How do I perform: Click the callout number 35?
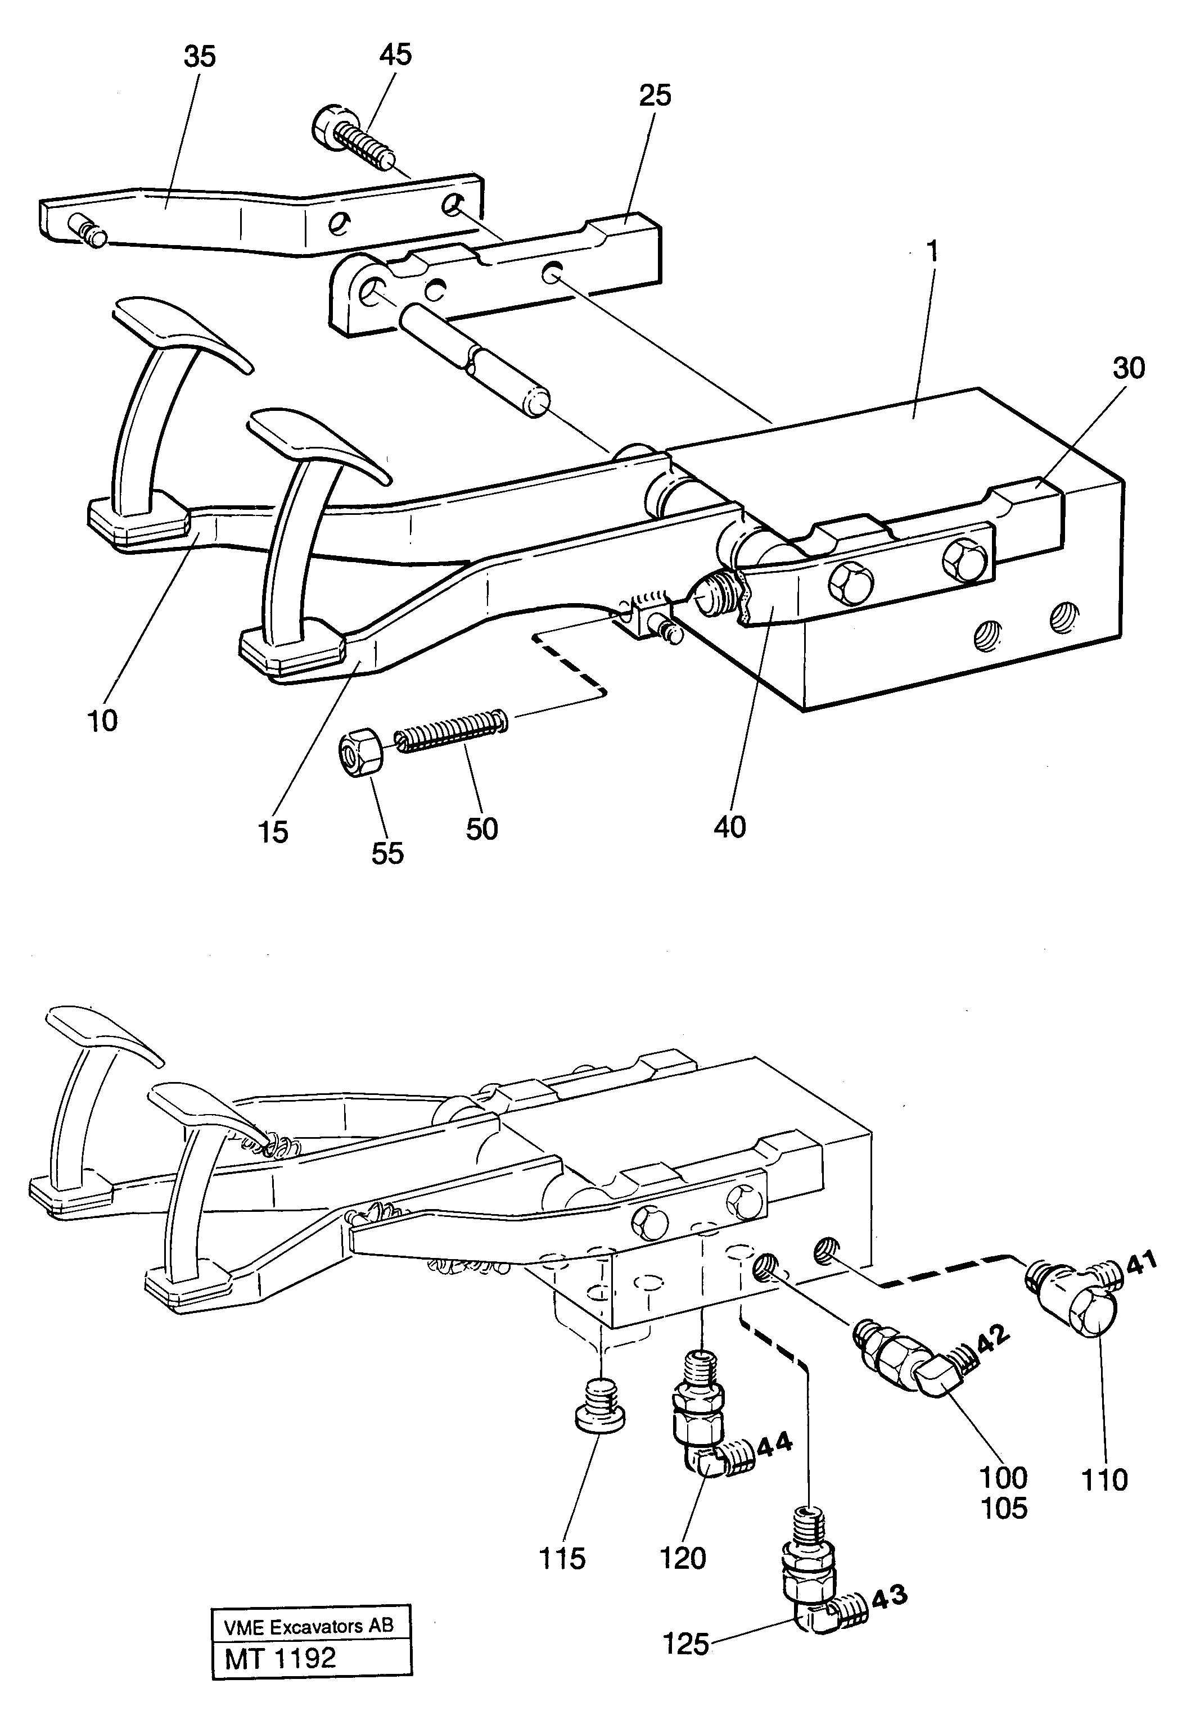[x=199, y=56]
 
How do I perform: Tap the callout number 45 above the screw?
[x=395, y=55]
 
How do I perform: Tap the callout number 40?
[x=729, y=827]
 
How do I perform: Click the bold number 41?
[x=1142, y=1262]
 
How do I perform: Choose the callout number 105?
[x=1004, y=1508]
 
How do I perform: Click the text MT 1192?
[x=281, y=1654]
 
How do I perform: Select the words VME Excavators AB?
[x=308, y=1622]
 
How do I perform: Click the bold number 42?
[x=992, y=1337]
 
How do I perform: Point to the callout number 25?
[x=655, y=95]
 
